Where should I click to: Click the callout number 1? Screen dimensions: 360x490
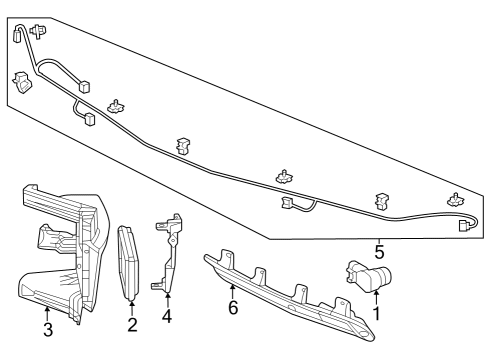(x=377, y=313)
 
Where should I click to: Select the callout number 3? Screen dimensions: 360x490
(x=47, y=331)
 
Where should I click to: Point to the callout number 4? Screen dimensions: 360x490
(x=167, y=317)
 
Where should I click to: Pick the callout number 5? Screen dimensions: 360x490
(x=379, y=251)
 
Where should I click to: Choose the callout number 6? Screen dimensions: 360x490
(x=233, y=310)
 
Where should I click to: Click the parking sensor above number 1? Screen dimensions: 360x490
(x=368, y=277)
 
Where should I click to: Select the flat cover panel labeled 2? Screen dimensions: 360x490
(x=130, y=262)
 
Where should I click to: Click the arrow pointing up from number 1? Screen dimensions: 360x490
(x=377, y=296)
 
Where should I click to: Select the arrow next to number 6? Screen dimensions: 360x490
(x=233, y=292)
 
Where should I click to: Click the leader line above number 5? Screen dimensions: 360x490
(x=379, y=238)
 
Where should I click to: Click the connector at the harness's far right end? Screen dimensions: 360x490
(x=464, y=226)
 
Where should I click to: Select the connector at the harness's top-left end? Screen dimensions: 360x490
(x=20, y=36)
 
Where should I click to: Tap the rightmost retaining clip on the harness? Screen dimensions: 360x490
(x=455, y=200)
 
